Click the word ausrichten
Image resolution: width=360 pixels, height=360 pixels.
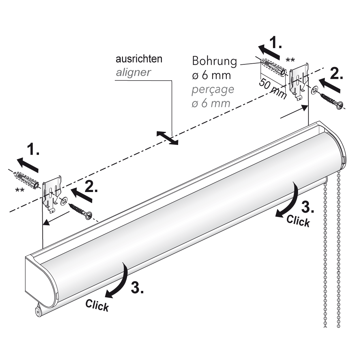pyautogui.click(x=139, y=59)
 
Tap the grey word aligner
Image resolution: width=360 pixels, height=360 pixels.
pyautogui.click(x=133, y=72)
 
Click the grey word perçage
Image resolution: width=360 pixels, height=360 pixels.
pyautogui.click(x=213, y=90)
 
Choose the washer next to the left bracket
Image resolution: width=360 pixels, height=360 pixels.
pyautogui.click(x=63, y=202)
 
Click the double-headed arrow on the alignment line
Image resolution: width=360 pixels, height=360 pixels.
pyautogui.click(x=167, y=138)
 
